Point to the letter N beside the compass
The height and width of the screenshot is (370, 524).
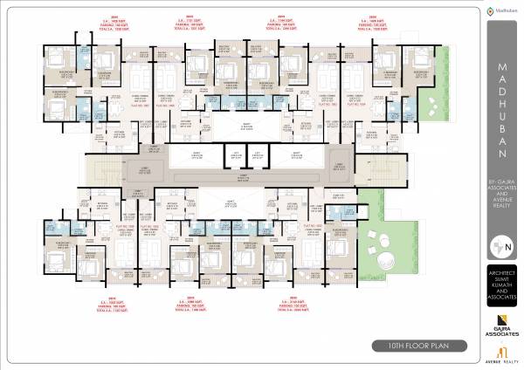[508, 246]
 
